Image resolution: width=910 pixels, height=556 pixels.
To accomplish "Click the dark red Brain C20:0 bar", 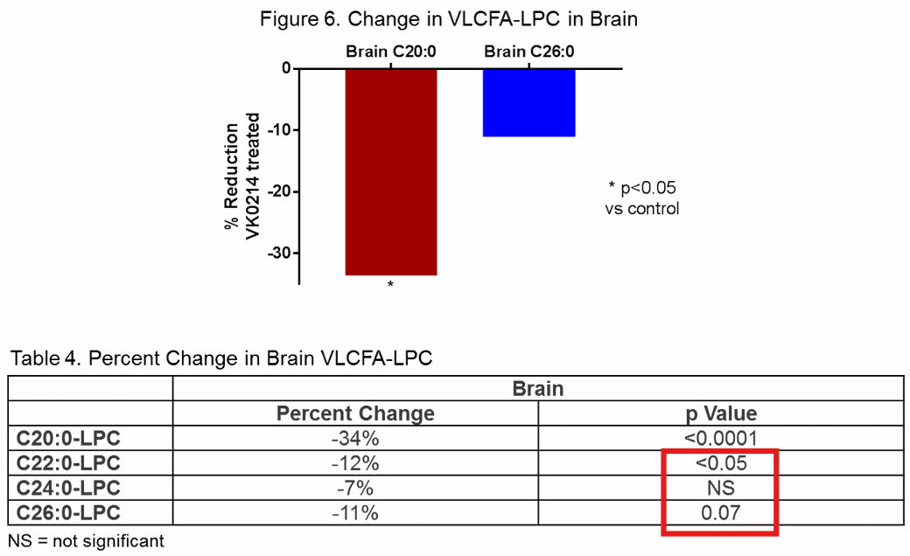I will pyautogui.click(x=391, y=171).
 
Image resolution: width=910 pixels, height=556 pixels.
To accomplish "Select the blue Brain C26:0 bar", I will pyautogui.click(x=528, y=102).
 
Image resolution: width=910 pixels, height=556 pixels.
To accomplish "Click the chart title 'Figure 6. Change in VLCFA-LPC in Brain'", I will pyautogui.click(x=449, y=19).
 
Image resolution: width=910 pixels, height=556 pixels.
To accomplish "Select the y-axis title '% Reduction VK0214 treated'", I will pyautogui.click(x=241, y=176).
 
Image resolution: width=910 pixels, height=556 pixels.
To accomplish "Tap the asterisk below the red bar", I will pyautogui.click(x=390, y=286).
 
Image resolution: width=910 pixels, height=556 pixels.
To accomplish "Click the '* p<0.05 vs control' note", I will pyautogui.click(x=641, y=198).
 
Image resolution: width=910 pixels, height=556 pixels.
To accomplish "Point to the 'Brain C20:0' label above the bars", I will pyautogui.click(x=390, y=52).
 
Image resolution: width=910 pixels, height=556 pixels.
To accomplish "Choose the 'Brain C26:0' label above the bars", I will pyautogui.click(x=528, y=52).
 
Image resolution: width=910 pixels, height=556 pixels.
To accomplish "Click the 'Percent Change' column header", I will pyautogui.click(x=355, y=414).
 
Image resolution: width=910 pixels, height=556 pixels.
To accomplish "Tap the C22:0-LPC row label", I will pyautogui.click(x=68, y=463).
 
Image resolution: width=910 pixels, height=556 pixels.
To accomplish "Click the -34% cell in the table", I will pyautogui.click(x=355, y=439).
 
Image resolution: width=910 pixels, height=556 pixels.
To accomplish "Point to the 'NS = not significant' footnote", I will pyautogui.click(x=86, y=540).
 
